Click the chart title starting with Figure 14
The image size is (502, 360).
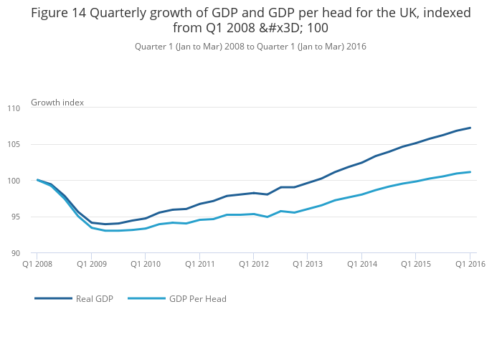tap(250, 20)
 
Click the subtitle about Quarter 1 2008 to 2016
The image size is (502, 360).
tap(250, 46)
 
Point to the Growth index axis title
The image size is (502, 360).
tap(57, 103)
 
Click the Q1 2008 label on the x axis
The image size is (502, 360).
tap(37, 264)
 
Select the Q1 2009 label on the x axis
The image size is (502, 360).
tap(91, 264)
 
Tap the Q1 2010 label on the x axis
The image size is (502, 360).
tap(145, 264)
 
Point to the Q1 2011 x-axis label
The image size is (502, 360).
tap(199, 264)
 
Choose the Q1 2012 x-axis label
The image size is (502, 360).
tap(253, 264)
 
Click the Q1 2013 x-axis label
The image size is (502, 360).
tap(308, 264)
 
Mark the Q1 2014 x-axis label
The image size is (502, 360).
tap(361, 264)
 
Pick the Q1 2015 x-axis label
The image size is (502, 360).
tap(416, 264)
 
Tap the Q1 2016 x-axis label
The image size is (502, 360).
tap(470, 264)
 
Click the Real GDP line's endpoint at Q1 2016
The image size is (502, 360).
tap(470, 128)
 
